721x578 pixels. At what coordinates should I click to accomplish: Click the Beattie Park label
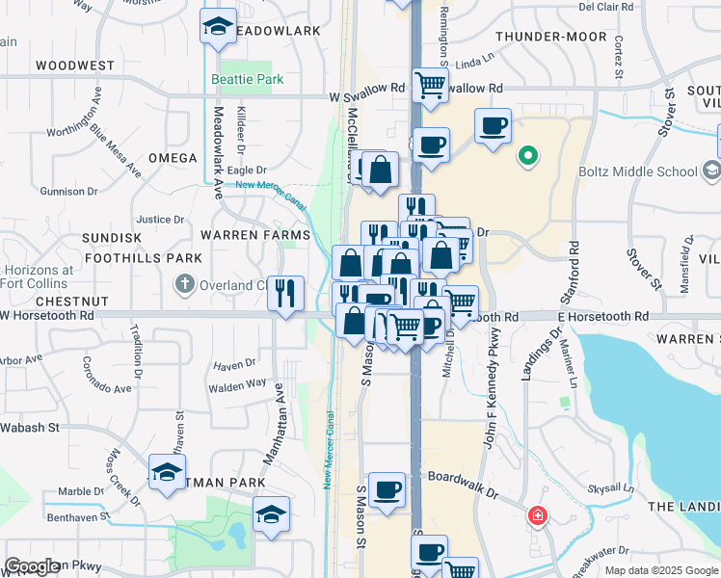point(249,79)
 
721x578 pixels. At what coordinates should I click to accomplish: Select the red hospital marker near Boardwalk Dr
point(536,516)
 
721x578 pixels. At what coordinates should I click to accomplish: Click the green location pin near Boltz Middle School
point(527,154)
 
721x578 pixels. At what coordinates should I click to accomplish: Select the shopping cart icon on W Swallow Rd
point(430,84)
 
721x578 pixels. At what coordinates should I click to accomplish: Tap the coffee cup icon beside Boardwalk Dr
point(387,489)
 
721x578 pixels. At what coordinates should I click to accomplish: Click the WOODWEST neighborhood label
point(74,66)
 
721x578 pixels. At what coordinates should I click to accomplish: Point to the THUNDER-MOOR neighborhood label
point(550,37)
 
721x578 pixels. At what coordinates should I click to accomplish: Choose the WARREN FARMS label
point(254,234)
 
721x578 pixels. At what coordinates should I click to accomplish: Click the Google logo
point(33,566)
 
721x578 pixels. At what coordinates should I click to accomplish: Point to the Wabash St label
point(30,426)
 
